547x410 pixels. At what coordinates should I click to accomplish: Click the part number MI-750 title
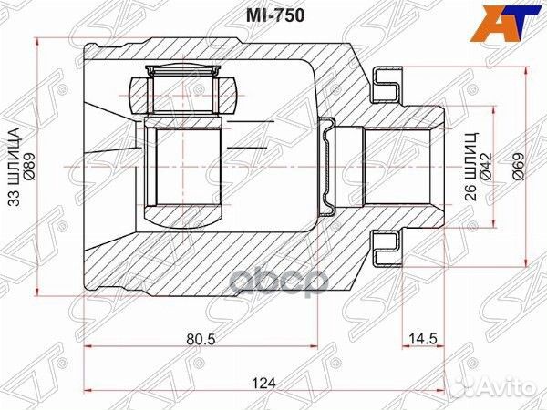pyautogui.click(x=273, y=15)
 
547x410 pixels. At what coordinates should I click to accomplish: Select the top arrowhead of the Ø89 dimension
pyautogui.click(x=36, y=42)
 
